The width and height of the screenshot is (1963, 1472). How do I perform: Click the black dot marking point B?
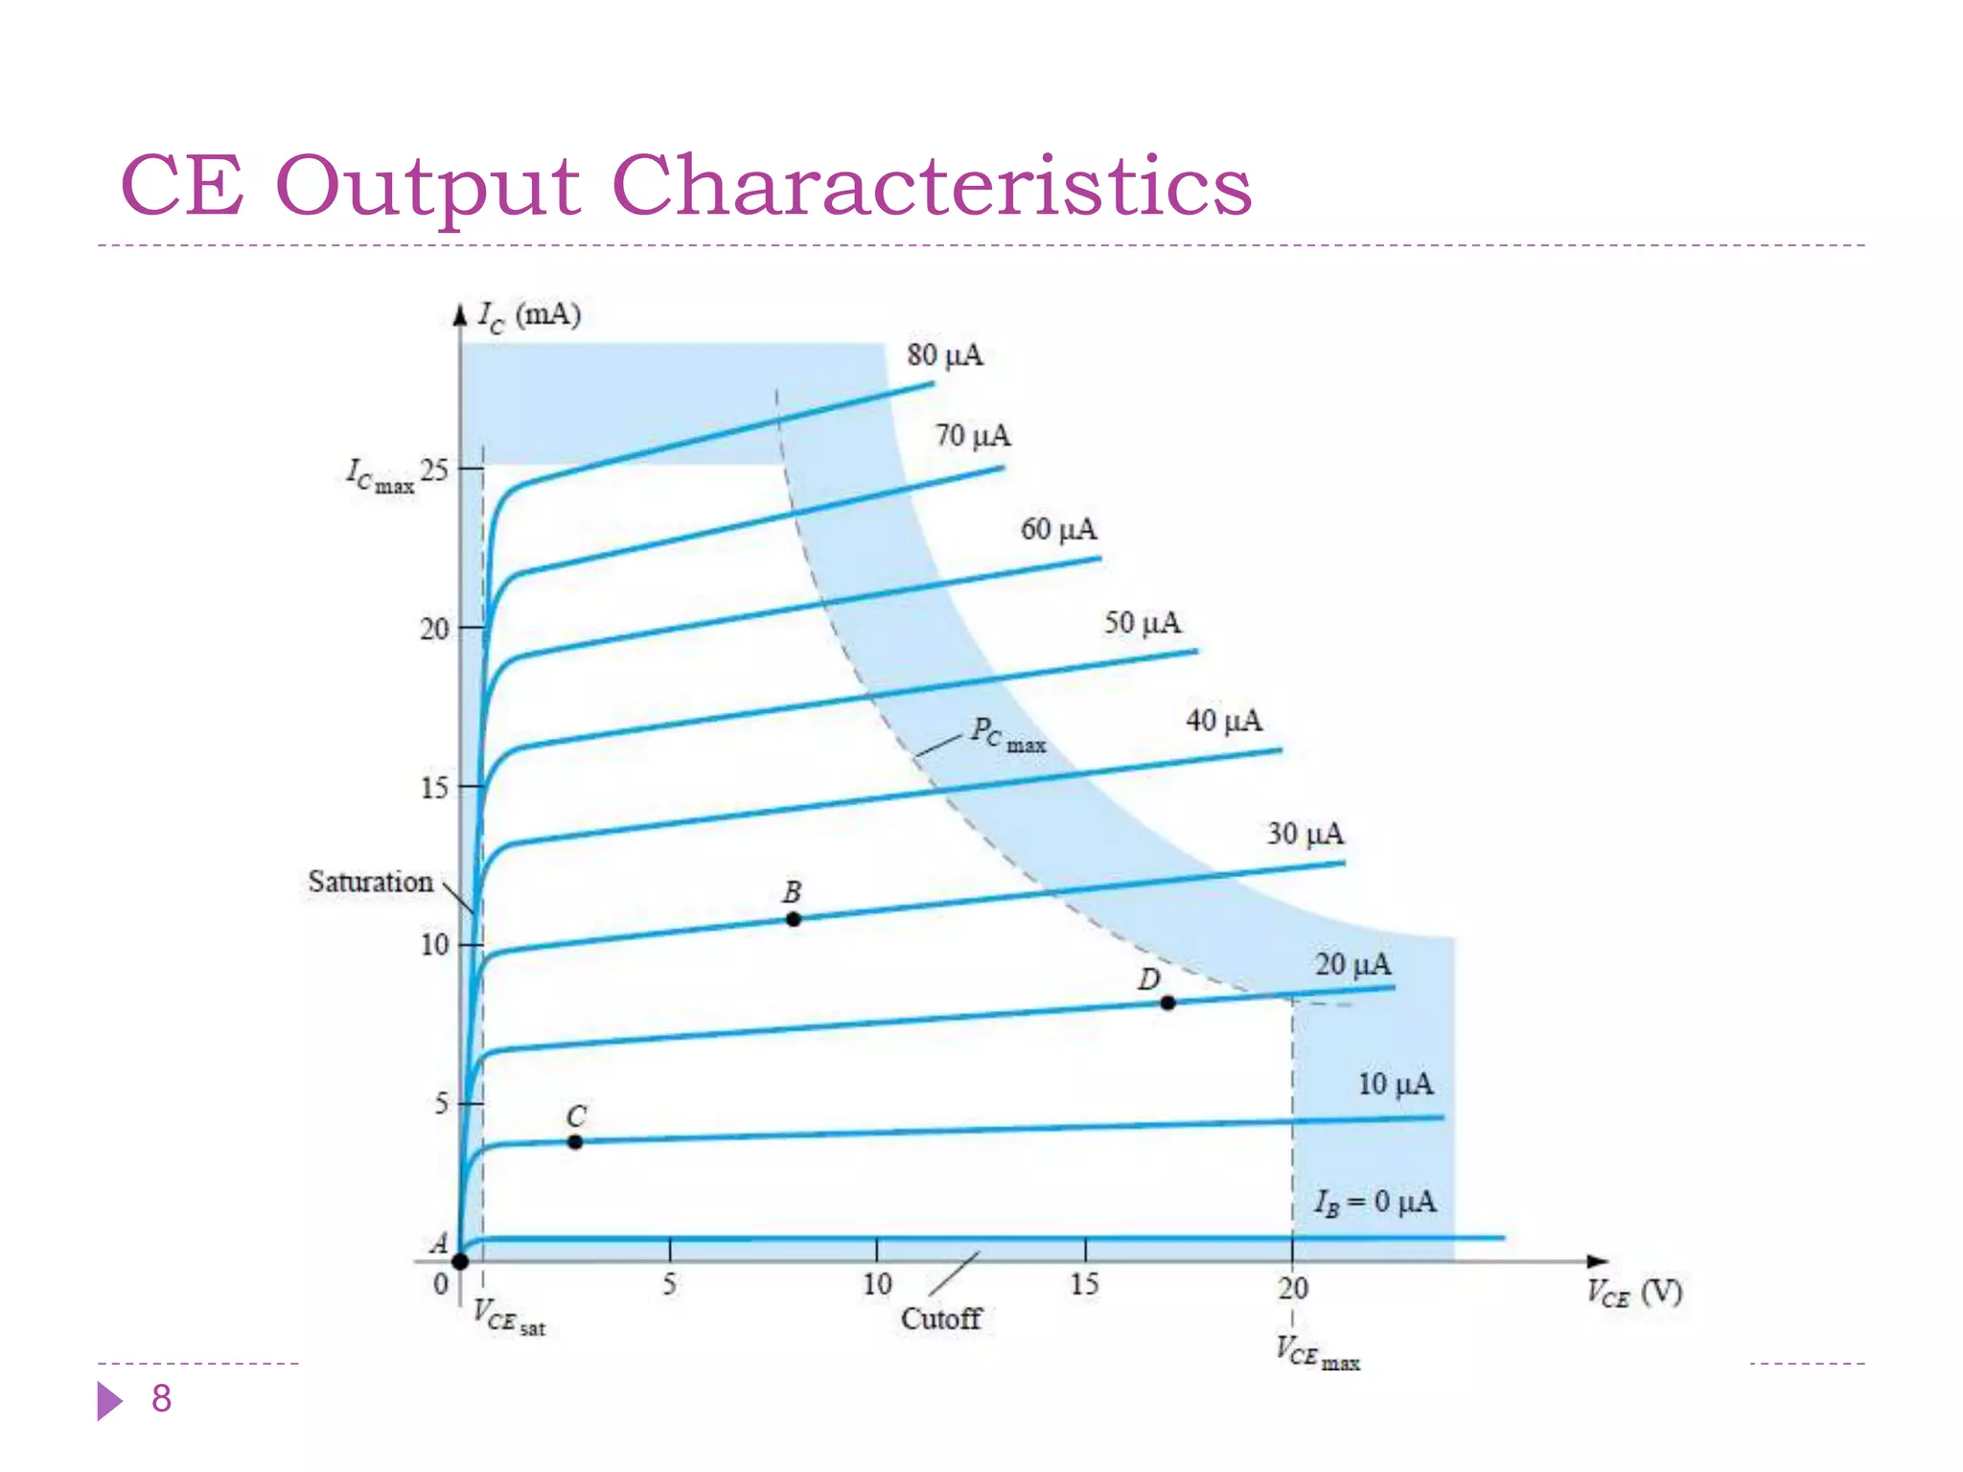794,919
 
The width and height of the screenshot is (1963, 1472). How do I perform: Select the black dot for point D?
1167,1002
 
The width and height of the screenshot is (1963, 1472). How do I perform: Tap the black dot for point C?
575,1141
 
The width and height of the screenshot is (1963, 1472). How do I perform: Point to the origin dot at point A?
460,1261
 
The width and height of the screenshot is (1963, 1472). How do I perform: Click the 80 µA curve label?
945,356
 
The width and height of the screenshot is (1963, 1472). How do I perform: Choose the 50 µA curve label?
1142,623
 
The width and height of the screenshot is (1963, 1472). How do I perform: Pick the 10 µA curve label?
1396,1084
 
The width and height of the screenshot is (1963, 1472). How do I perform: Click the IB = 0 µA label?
1375,1202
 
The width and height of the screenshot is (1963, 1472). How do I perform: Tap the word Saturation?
370,882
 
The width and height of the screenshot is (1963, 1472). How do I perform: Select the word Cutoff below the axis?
941,1319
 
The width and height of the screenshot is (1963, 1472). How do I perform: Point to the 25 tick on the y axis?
434,470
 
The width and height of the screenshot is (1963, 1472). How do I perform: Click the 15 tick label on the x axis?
1084,1284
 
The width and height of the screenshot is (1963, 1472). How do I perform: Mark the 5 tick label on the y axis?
441,1103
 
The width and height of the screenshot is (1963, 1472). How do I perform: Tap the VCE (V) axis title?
1634,1294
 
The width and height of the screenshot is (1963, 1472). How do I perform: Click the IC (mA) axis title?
530,315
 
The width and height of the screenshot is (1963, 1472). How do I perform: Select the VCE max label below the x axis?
1317,1352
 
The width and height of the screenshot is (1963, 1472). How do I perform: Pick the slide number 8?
161,1398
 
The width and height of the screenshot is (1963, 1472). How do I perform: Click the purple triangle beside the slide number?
109,1401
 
